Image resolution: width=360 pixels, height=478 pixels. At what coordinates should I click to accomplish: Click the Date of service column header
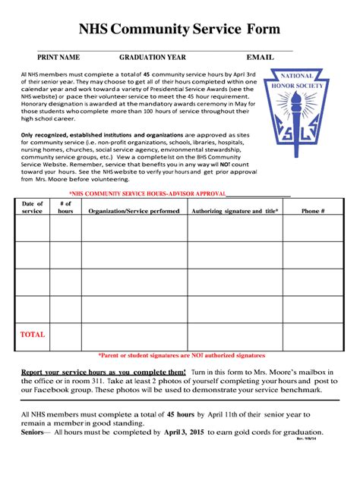pos(33,207)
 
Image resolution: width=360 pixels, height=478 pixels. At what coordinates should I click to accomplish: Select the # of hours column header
pos(65,207)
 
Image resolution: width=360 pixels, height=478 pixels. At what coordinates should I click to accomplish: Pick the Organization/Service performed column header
pos(134,211)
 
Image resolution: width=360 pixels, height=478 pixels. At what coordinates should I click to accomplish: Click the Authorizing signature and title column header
pos(235,211)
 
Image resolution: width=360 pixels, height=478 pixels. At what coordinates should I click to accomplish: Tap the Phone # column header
pos(313,211)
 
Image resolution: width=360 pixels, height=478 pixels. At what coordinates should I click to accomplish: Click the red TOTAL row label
pos(33,335)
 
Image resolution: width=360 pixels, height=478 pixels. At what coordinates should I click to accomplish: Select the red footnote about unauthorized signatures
pos(181,355)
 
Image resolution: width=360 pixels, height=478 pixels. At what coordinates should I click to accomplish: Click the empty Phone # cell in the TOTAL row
pos(313,336)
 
